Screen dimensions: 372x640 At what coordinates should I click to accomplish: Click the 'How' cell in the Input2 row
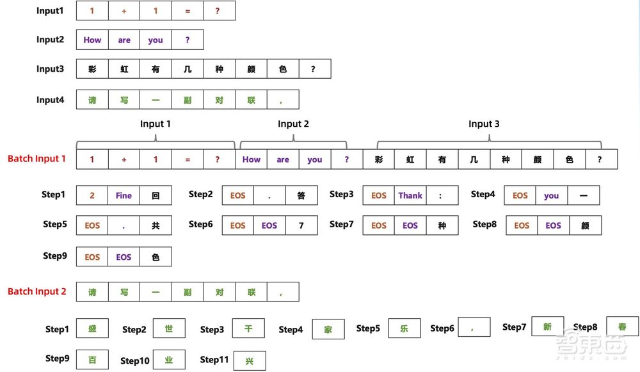pyautogui.click(x=92, y=40)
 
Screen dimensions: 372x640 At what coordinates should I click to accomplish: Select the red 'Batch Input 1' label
pyautogui.click(x=36, y=159)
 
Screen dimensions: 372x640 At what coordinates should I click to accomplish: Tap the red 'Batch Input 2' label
pyautogui.click(x=36, y=291)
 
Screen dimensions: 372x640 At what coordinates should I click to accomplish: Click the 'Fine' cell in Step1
pyautogui.click(x=124, y=195)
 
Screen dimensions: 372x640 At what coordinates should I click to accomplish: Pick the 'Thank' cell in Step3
pyautogui.click(x=410, y=195)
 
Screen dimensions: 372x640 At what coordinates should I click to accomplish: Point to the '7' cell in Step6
pyautogui.click(x=301, y=225)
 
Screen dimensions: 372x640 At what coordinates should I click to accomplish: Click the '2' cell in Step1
pyautogui.click(x=92, y=195)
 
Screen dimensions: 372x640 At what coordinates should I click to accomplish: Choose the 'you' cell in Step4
pyautogui.click(x=552, y=195)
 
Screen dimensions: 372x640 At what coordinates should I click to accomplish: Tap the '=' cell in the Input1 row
pyautogui.click(x=188, y=10)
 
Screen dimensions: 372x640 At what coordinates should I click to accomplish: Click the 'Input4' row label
pyautogui.click(x=50, y=99)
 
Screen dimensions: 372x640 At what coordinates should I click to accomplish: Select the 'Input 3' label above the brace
pyautogui.click(x=484, y=124)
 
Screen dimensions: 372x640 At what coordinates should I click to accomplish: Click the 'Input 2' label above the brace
pyautogui.click(x=293, y=124)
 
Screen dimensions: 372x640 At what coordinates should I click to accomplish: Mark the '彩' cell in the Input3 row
pyautogui.click(x=92, y=69)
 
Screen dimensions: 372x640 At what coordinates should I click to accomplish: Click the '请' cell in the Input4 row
pyautogui.click(x=92, y=99)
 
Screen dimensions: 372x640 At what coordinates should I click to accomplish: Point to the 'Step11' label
pyautogui.click(x=214, y=360)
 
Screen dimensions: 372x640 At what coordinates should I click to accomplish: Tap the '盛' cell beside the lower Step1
pyautogui.click(x=92, y=329)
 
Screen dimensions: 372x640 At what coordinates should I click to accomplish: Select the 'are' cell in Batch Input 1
pyautogui.click(x=283, y=159)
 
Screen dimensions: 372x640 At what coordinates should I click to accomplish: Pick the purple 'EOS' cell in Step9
pyautogui.click(x=124, y=257)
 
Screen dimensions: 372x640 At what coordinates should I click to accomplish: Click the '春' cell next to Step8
pyautogui.click(x=622, y=327)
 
